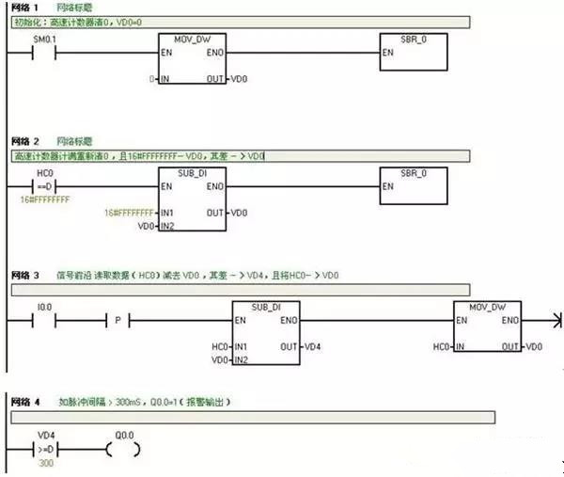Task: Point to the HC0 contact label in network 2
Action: [x=43, y=174]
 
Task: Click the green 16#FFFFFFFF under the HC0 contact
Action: [x=45, y=199]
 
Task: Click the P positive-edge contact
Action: [x=118, y=321]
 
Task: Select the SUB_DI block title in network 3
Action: [x=267, y=307]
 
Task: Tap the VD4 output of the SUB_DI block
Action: [x=313, y=347]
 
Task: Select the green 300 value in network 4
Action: [x=45, y=464]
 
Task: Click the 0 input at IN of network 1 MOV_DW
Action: [x=151, y=78]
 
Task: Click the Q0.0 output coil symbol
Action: [x=122, y=450]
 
